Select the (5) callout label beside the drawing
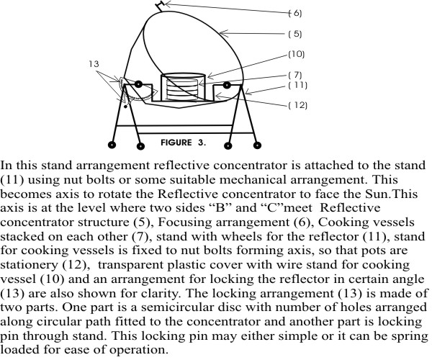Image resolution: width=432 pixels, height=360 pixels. (295, 33)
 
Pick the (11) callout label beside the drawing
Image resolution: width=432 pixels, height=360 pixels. (297, 85)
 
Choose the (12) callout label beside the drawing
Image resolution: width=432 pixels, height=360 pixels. (297, 106)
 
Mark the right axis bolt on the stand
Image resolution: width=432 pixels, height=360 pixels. (228, 86)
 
